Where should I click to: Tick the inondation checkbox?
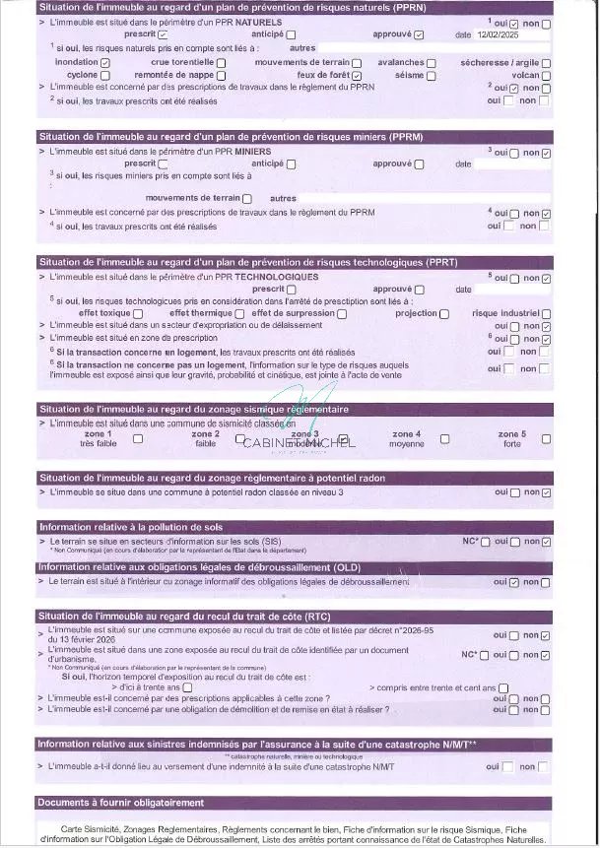point(105,62)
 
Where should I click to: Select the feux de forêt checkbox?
point(357,75)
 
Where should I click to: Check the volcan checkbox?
point(546,75)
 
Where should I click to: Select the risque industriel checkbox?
point(546,313)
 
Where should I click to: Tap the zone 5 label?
point(511,434)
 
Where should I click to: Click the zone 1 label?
point(98,434)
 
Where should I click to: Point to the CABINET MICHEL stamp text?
point(299,443)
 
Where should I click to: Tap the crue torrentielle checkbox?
point(221,62)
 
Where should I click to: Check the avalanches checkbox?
point(433,62)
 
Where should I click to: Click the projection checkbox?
point(444,313)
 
